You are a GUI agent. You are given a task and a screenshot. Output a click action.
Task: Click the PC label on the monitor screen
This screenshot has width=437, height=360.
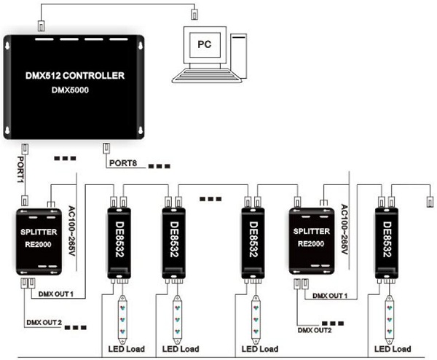click(206, 43)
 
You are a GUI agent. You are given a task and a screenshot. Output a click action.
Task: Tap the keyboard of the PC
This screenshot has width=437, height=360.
click(210, 76)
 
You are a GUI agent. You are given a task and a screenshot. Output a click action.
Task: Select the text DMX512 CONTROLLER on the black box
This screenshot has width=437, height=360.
click(76, 75)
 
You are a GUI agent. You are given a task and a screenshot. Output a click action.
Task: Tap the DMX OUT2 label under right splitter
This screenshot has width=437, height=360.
click(314, 329)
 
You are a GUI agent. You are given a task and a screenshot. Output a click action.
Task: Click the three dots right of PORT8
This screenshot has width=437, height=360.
click(158, 166)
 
